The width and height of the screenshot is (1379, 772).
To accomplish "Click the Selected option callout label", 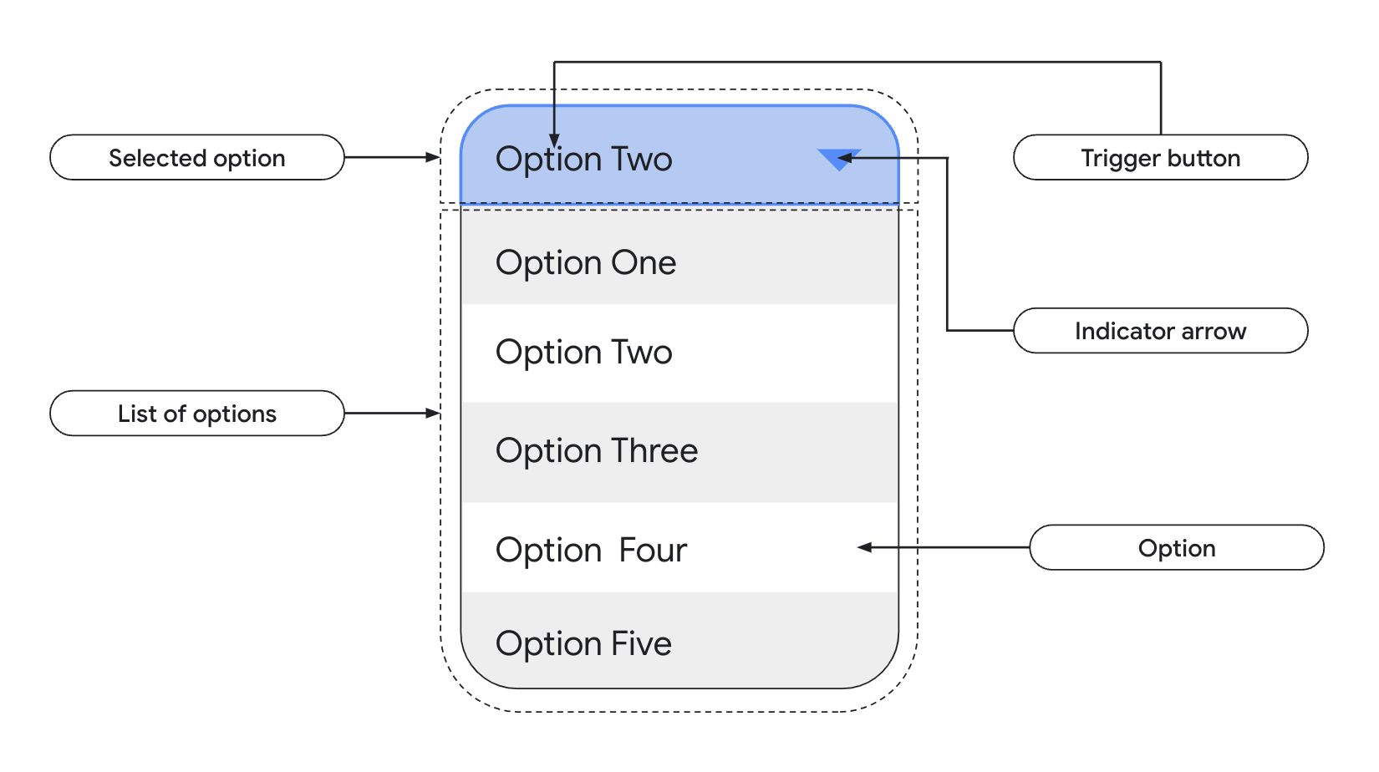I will coord(197,158).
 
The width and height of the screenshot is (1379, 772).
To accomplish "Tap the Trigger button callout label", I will coord(1160,158).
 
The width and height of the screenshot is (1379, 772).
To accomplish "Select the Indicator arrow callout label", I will coord(1160,331).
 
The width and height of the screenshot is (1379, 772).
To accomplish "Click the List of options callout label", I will coord(197,414).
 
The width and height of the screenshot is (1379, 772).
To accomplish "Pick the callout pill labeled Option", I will coord(1176,548).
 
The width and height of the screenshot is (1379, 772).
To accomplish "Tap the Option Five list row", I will coord(679,642).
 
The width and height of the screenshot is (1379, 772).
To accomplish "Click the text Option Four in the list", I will coord(591,551).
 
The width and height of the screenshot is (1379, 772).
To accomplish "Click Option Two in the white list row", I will coord(583,353).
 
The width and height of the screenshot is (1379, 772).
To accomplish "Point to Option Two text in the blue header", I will coord(583,160).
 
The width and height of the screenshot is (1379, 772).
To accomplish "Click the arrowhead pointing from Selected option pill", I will coord(432,157).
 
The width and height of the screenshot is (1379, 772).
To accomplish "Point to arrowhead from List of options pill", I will coord(432,413).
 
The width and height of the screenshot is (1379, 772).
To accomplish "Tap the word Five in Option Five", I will coord(641,644).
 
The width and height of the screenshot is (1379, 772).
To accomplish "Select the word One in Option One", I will coord(644,263).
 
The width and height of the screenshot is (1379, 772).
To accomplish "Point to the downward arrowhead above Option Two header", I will coord(554,141).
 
